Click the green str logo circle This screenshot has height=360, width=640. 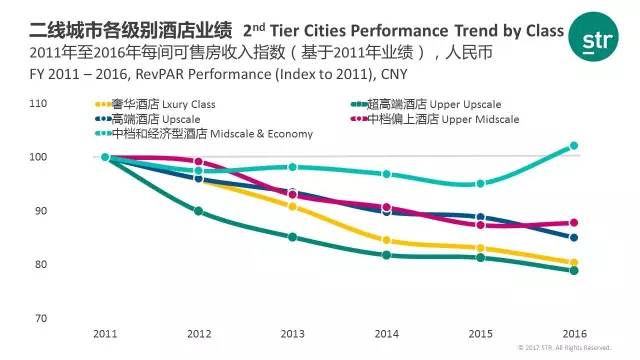[x=593, y=37]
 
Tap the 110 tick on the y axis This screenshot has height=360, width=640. [x=38, y=103]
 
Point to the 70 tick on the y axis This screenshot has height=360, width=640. [x=41, y=318]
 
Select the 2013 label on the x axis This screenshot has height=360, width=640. [x=293, y=334]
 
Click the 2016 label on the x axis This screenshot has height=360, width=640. [x=575, y=334]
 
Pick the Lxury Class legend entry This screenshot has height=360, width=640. [x=155, y=104]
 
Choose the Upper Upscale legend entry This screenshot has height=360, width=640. [x=426, y=104]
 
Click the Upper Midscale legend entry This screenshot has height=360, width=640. [x=435, y=119]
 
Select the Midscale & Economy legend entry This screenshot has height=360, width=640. [x=204, y=134]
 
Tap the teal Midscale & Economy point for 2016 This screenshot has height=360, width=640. [x=574, y=146]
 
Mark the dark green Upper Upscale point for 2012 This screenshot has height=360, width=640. [x=198, y=211]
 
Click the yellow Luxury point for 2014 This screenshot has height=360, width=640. [x=387, y=240]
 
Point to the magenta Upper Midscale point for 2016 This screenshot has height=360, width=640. [x=574, y=223]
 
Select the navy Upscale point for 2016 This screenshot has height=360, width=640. [x=574, y=238]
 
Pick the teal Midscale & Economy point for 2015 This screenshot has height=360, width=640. [x=481, y=184]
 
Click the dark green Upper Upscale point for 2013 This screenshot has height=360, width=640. [x=293, y=237]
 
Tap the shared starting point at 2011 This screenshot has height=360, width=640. [x=105, y=157]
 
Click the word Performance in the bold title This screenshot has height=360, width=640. [x=399, y=31]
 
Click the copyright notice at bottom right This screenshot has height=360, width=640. [x=564, y=348]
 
